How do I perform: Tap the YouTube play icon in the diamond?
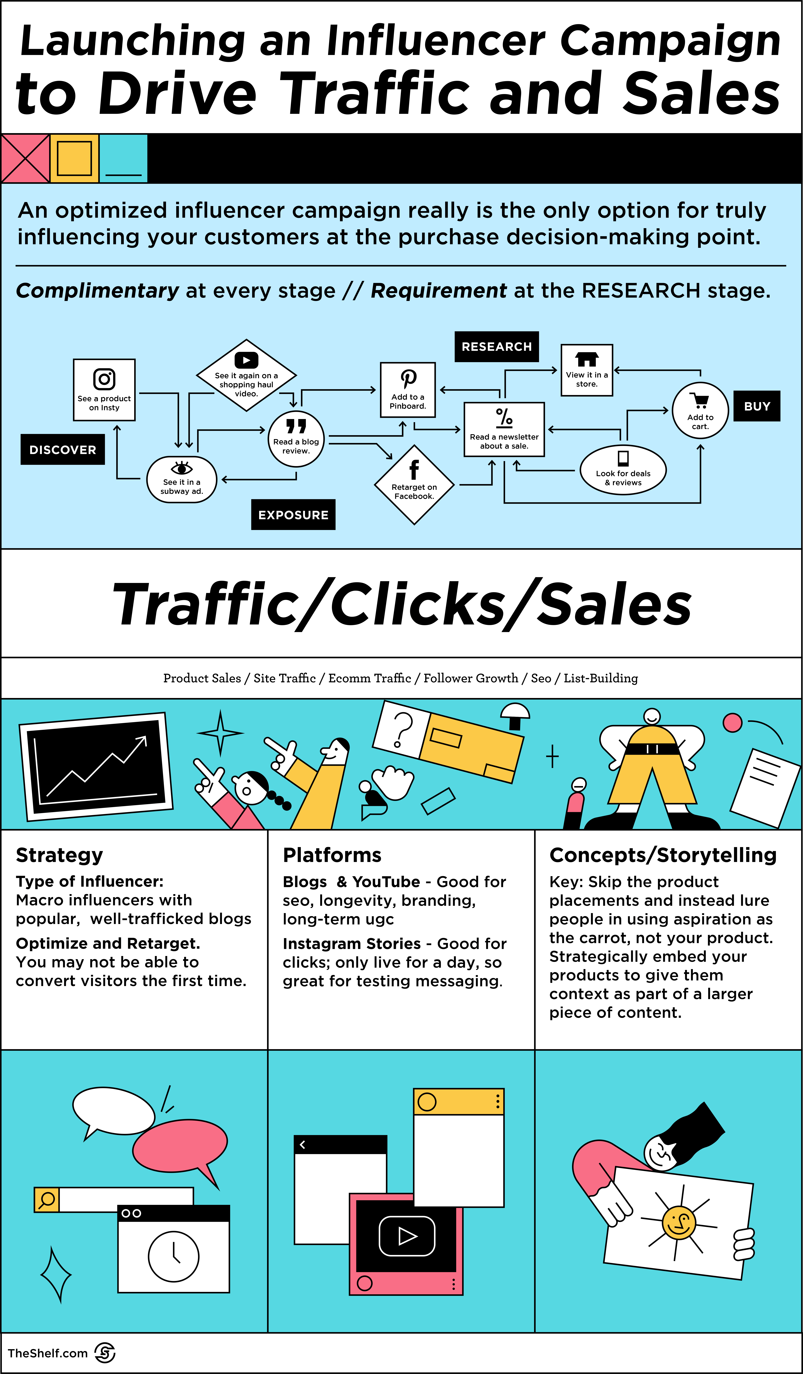coord(247,360)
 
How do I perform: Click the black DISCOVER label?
coord(63,449)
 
